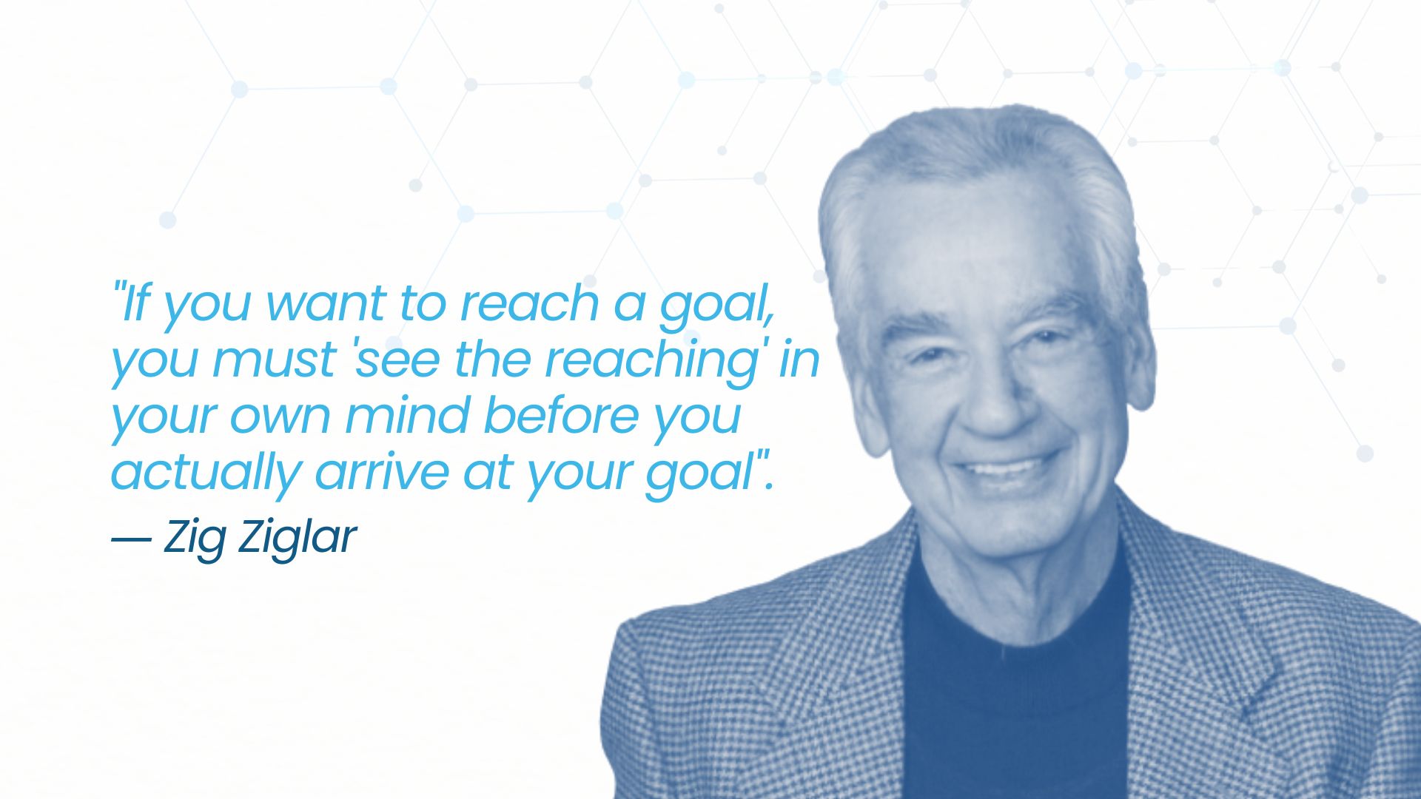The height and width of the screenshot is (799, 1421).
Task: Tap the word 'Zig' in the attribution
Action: pyautogui.click(x=194, y=538)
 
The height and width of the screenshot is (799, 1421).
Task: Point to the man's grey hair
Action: pyautogui.click(x=977, y=170)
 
